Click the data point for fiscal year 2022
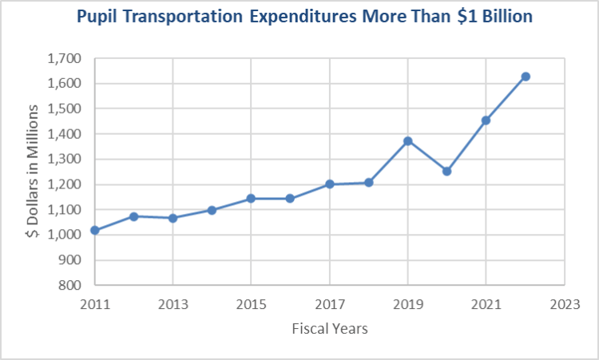526,77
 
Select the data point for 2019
408,141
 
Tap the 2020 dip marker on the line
447,171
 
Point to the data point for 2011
95,230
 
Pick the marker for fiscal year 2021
486,121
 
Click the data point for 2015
252,198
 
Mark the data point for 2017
330,184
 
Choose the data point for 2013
173,218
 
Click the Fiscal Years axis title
330,328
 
